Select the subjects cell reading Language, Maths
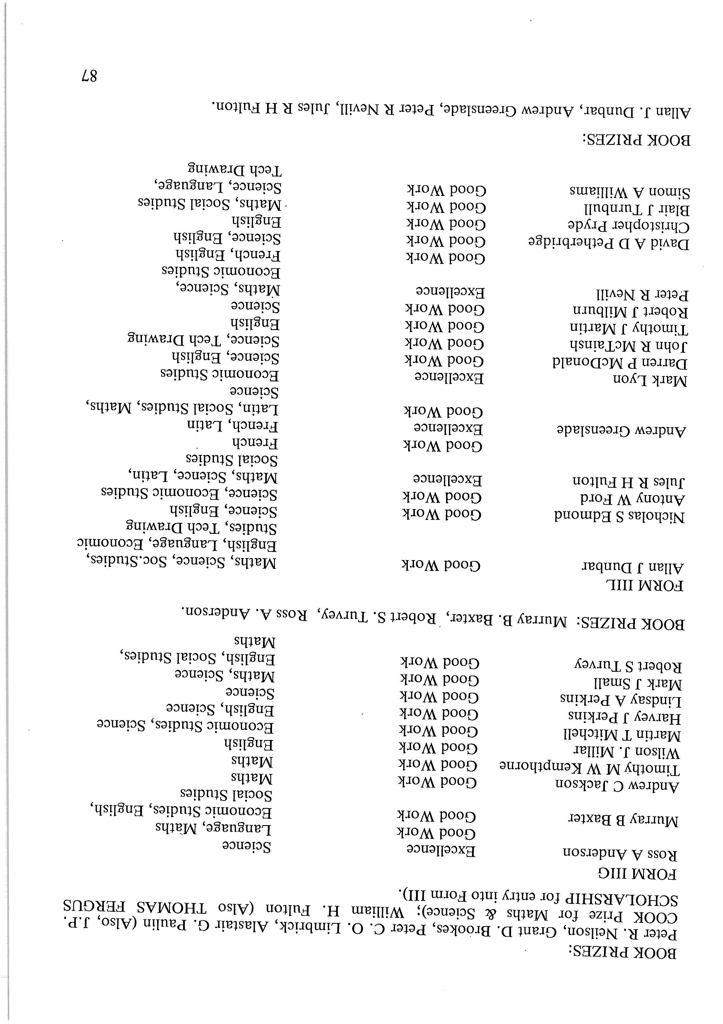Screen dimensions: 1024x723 click(x=213, y=828)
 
